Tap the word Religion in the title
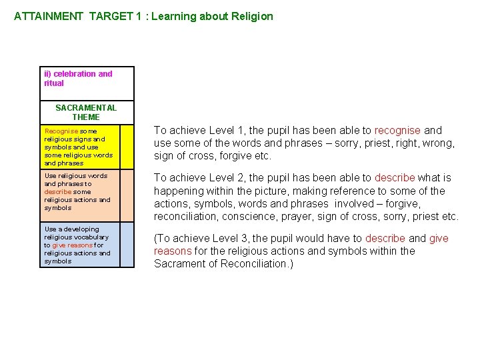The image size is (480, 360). [251, 16]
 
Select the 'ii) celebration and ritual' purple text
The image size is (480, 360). [77, 79]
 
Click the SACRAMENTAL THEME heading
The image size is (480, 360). [86, 112]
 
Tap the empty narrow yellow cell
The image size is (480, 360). [127, 146]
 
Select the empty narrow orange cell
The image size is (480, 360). [127, 196]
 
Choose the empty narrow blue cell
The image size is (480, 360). [127, 245]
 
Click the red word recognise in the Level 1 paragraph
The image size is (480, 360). [397, 131]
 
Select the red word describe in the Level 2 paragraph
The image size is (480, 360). [395, 178]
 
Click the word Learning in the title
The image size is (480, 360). [171, 16]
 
